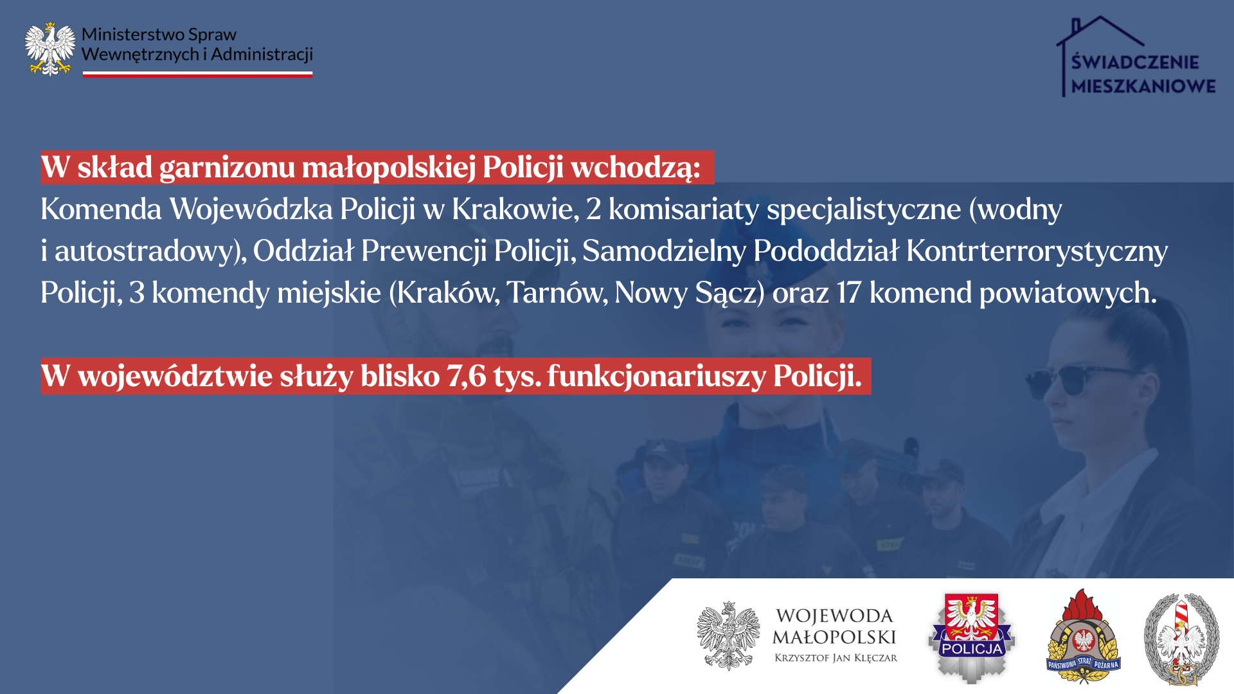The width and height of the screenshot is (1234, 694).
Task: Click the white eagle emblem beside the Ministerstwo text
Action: tap(49, 49)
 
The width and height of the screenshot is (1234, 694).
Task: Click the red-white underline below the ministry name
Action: tap(197, 75)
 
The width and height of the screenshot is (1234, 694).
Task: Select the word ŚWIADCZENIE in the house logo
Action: tap(1135, 62)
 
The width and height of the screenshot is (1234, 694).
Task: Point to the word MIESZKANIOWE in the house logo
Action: tap(1143, 86)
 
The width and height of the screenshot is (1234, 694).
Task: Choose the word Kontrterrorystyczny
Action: tap(1037, 251)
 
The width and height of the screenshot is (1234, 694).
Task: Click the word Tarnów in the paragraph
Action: tap(557, 292)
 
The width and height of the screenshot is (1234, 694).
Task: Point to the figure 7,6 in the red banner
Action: tap(467, 377)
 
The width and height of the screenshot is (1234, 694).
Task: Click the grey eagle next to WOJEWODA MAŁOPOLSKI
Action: tap(728, 636)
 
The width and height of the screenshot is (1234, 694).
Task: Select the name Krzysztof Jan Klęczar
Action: tap(836, 658)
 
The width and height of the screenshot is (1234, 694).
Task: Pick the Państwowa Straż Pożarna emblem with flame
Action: tap(1083, 636)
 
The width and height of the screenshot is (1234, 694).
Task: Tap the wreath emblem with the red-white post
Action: tap(1181, 639)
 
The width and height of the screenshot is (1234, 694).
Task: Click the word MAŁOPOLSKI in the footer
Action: tap(834, 637)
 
